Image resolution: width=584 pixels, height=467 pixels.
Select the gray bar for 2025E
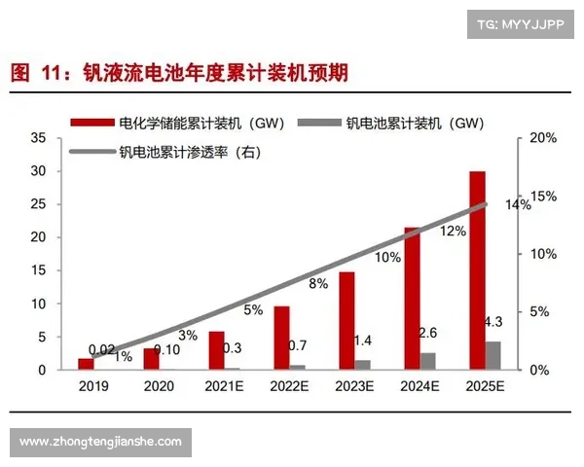(x=493, y=355)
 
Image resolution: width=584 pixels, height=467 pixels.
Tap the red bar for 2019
(x=86, y=364)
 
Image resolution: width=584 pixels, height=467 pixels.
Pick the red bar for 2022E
(x=281, y=338)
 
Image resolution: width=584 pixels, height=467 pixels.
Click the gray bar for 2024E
(x=428, y=361)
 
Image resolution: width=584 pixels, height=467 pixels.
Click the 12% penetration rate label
(x=454, y=232)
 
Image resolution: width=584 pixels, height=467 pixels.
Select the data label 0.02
(x=102, y=349)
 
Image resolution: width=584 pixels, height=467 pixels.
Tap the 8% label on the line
(x=318, y=283)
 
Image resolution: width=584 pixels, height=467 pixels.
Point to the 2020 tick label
(x=159, y=385)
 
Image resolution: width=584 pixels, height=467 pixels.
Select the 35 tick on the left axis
(x=39, y=138)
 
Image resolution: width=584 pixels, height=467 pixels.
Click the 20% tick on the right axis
(x=542, y=138)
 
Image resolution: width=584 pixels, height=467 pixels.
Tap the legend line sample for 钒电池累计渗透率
(x=92, y=151)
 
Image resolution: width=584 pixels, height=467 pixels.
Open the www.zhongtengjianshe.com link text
(x=100, y=442)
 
